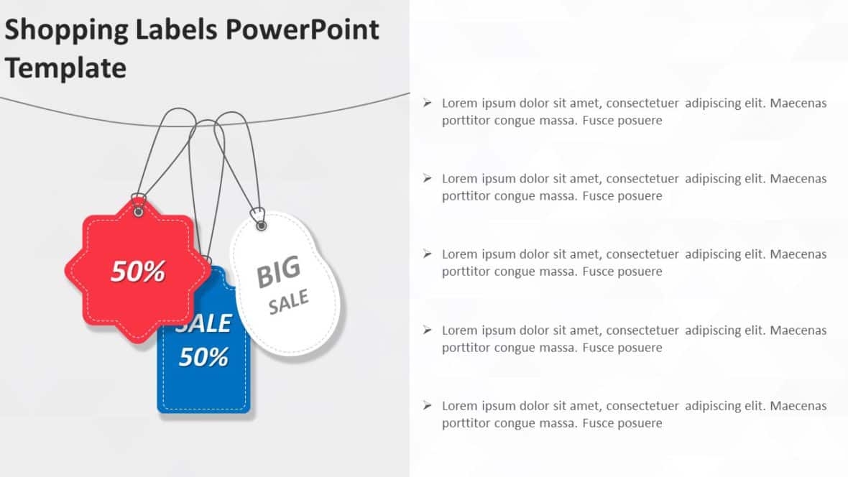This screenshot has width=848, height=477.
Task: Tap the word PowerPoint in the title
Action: click(x=302, y=29)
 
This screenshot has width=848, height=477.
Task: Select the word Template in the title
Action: click(x=65, y=68)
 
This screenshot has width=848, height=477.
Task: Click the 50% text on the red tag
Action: click(x=138, y=271)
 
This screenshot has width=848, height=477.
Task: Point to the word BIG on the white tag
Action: click(x=278, y=272)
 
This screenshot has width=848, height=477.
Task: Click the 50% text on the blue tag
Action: click(x=203, y=357)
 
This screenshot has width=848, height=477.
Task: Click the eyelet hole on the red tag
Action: click(x=139, y=211)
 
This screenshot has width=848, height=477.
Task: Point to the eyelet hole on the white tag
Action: click(x=262, y=226)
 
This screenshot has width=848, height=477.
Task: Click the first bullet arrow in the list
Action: click(x=428, y=103)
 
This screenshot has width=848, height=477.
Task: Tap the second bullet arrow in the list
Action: click(x=428, y=178)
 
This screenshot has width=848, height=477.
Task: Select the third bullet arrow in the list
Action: click(x=428, y=254)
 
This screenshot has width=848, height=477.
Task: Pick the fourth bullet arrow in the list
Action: click(x=428, y=330)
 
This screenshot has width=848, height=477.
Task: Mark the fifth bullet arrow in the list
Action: click(x=428, y=405)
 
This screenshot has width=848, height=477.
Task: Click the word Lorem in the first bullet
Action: click(x=459, y=103)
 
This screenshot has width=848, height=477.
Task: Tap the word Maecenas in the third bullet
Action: click(x=798, y=254)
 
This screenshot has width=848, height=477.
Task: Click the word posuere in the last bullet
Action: click(x=637, y=423)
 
